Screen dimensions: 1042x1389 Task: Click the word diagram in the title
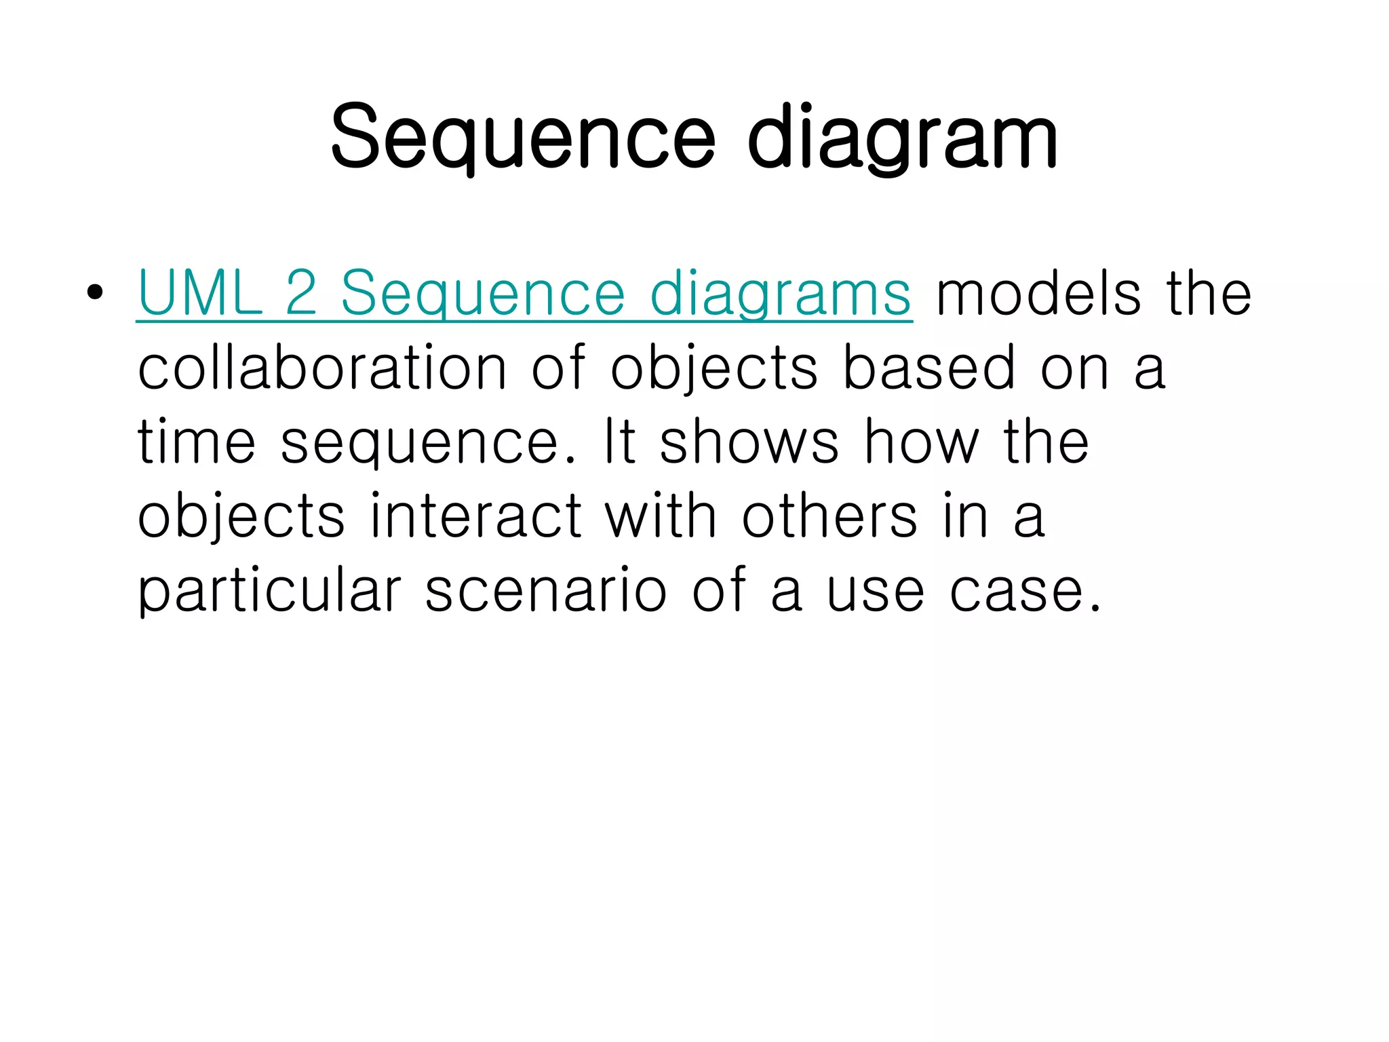click(902, 139)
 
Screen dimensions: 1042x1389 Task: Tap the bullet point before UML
click(95, 293)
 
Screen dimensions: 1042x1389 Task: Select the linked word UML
click(200, 293)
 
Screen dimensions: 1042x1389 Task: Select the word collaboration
click(322, 368)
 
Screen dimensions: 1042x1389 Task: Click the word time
click(197, 442)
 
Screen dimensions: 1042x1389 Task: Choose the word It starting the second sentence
click(620, 442)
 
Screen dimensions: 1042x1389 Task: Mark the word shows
click(749, 442)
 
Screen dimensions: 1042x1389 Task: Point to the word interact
click(476, 517)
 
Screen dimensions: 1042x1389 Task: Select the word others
click(829, 517)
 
